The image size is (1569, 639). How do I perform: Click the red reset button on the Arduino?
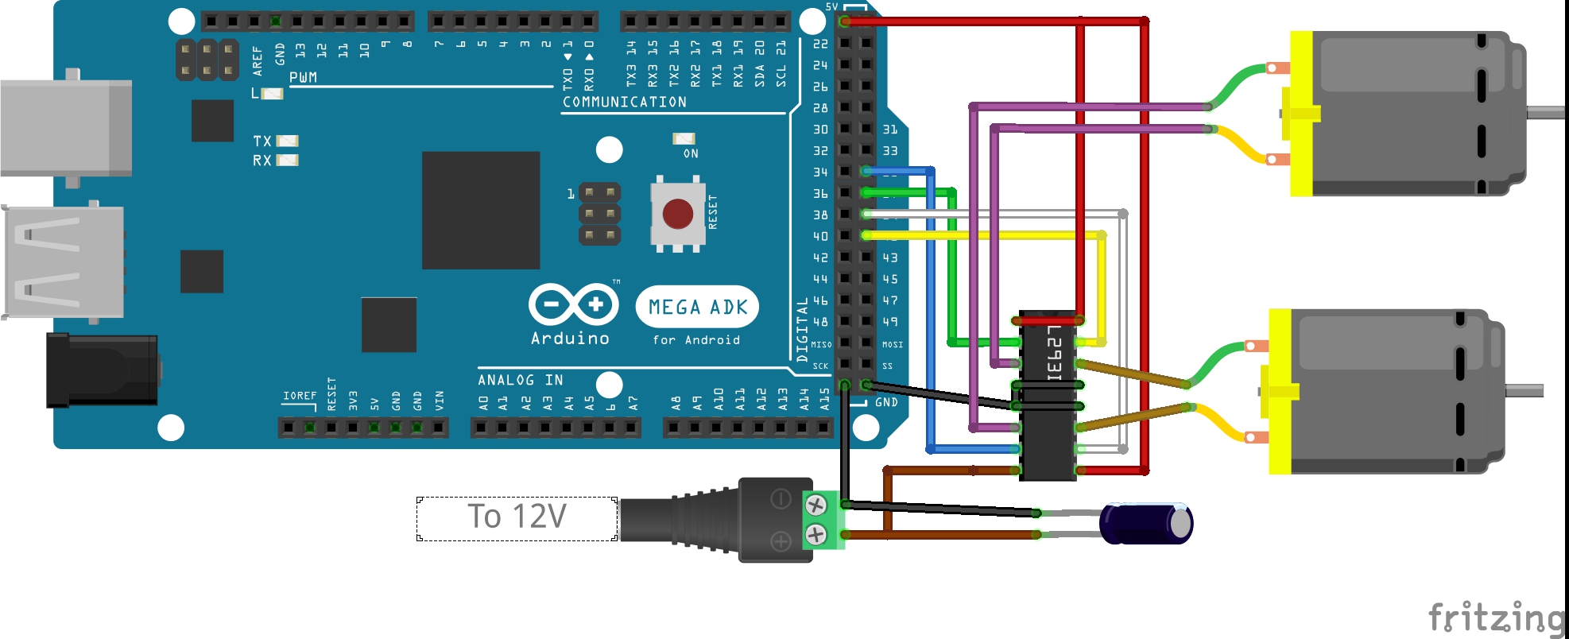pos(677,213)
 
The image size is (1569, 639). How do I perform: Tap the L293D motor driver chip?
pos(1048,395)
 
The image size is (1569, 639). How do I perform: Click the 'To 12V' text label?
pos(517,517)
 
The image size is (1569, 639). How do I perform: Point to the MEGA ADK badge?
pos(697,307)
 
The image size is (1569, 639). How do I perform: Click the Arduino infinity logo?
pos(573,304)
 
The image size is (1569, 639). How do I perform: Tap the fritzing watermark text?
pos(1495,618)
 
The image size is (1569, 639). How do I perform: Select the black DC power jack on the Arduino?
pos(102,370)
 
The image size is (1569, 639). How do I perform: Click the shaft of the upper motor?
pos(1545,112)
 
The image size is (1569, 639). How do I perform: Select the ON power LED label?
pos(691,153)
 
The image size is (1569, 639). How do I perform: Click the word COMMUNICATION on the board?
pos(624,102)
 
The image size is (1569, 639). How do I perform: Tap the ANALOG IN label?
pos(520,380)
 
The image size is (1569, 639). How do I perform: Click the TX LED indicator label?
pos(262,141)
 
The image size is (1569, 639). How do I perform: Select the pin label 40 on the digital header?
pos(820,236)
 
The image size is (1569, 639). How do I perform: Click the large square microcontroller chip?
pos(480,210)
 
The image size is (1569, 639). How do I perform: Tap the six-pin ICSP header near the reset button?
pos(599,214)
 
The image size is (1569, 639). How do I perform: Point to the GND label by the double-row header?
pos(886,402)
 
